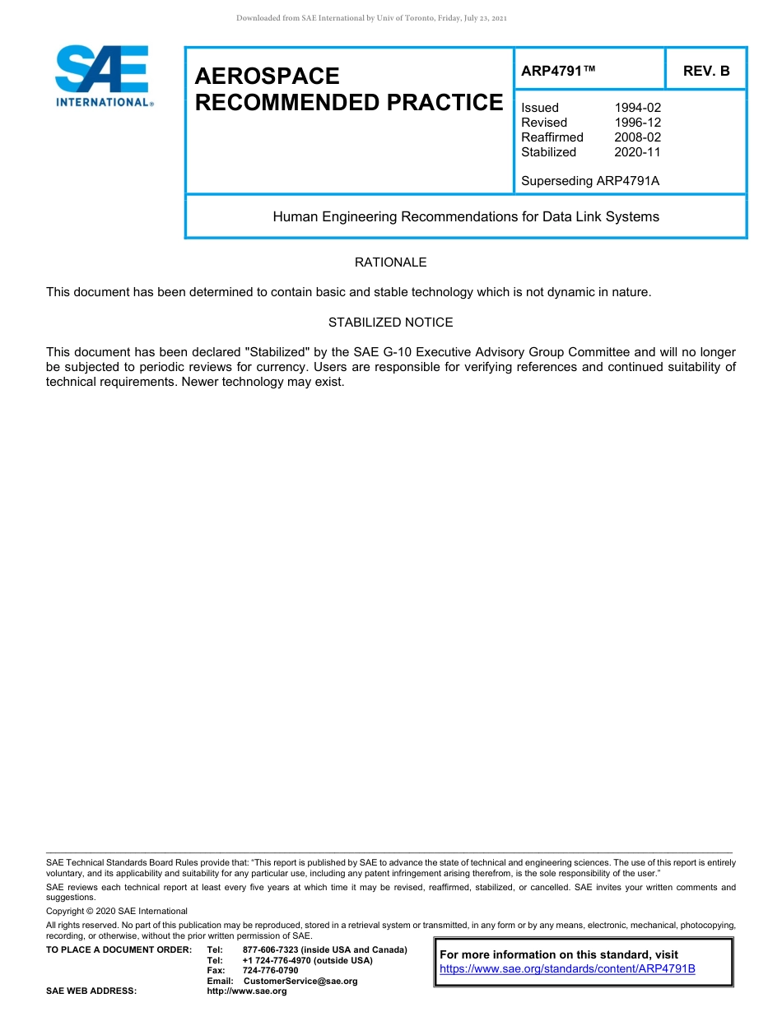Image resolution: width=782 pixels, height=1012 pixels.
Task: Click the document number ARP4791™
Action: coord(558,72)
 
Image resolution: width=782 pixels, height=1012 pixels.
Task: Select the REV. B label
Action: coord(706,72)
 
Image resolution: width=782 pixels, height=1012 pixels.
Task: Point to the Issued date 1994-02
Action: coord(637,108)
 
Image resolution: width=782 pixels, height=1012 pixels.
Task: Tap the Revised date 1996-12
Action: coord(637,123)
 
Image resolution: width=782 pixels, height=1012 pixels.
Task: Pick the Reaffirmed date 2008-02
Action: coord(637,137)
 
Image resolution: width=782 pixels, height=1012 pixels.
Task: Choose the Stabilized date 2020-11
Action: coord(637,152)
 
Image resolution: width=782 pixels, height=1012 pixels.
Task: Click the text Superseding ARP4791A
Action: coord(590,181)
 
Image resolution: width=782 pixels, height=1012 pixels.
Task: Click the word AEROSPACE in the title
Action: coord(267,77)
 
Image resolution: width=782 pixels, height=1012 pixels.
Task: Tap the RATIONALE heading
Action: coord(390,262)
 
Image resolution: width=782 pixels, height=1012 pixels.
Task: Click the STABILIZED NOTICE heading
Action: coord(390,323)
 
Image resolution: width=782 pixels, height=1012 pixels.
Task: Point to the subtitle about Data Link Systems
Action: coord(466,217)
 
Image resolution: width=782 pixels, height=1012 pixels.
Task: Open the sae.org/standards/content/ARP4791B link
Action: coord(567,969)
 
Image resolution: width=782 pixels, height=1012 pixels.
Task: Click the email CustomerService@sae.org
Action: coord(300,981)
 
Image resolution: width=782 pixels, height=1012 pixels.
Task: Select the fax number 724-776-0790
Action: coord(270,971)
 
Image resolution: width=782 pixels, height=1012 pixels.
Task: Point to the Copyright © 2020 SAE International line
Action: coord(117,911)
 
